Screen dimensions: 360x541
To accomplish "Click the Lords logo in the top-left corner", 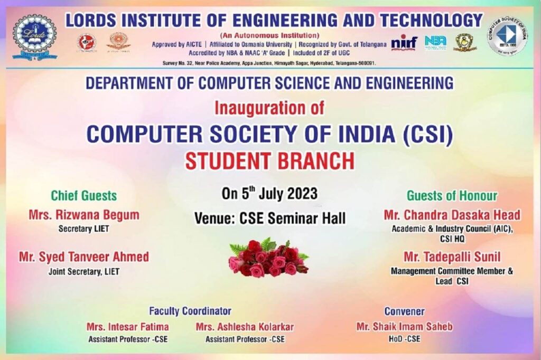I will pos(34,36).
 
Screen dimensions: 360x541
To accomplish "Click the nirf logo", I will pos(404,43).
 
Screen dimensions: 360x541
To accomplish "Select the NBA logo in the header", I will pos(435,42).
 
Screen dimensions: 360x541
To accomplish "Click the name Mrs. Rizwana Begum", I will pos(83,215).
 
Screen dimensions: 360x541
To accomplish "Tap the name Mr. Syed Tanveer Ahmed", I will pos(83,257).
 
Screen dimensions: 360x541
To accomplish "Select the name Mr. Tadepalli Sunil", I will pos(452,257).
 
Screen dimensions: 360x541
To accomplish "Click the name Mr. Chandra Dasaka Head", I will pos(452,215).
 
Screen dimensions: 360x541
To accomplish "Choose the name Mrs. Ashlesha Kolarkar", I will pos(245,327).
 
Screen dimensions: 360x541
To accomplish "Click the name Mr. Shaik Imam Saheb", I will pos(404,327).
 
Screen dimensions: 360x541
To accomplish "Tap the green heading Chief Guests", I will pos(83,196).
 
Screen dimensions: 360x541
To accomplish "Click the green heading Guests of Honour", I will pos(452,196).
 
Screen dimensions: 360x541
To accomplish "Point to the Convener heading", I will pos(404,311).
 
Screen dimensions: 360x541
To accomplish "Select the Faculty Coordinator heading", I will pos(190,311).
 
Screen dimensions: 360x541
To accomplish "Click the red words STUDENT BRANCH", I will pos(269,161).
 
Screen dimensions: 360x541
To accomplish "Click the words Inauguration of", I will pos(269,108).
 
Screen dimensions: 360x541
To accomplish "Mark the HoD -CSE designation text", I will pos(404,339).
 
